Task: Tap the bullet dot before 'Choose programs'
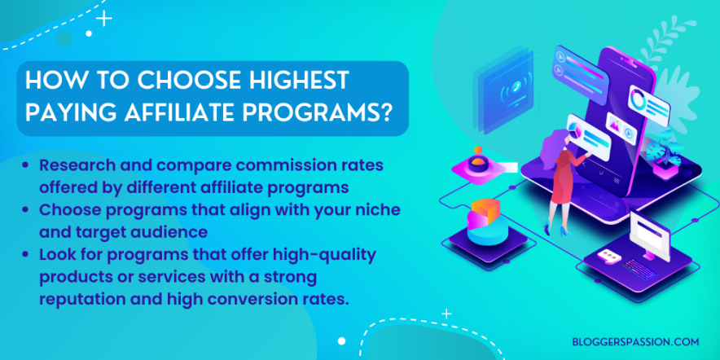point(29,210)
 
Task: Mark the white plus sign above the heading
point(105,18)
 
